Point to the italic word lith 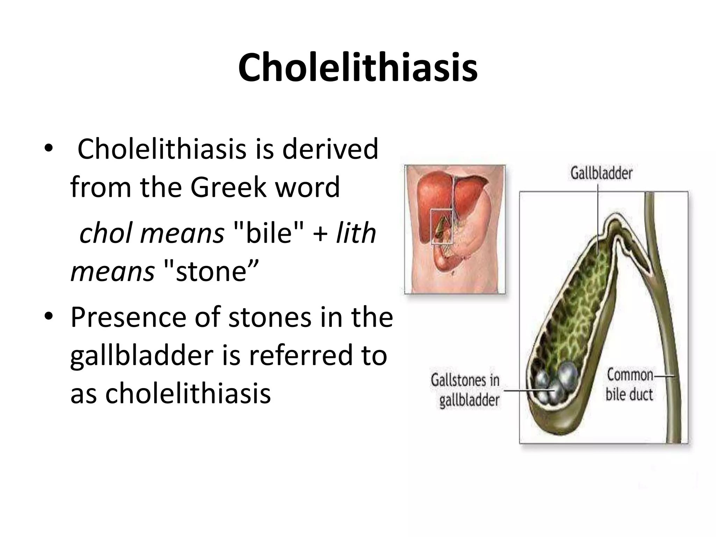[356, 234]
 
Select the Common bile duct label [629, 385]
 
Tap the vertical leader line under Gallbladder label [598, 210]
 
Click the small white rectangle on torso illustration [442, 226]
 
